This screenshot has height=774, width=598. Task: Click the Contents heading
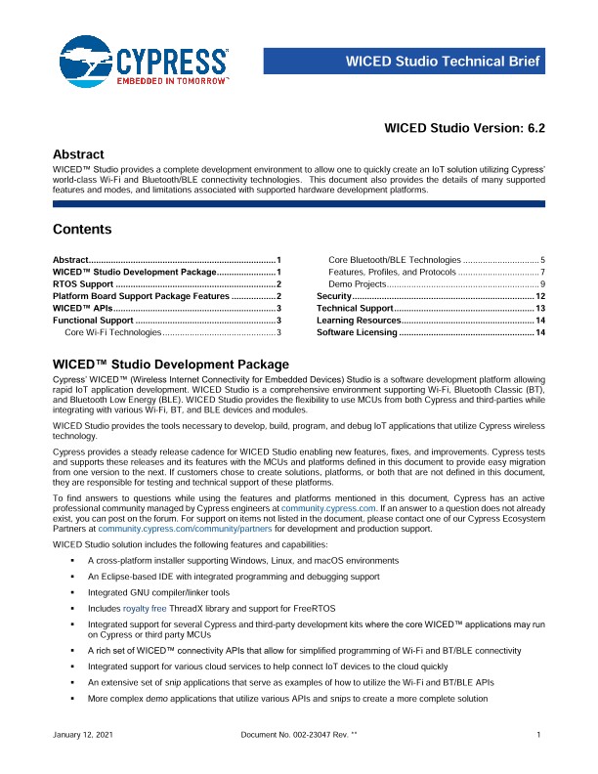pos(81,230)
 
